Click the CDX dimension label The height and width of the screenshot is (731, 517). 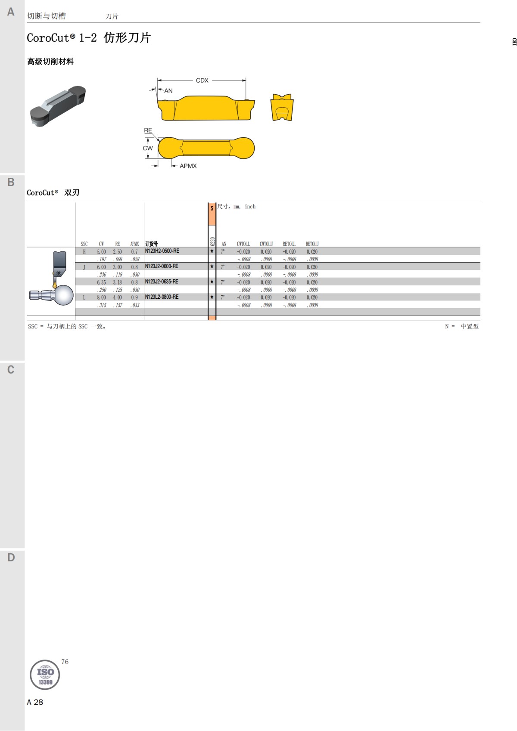[x=202, y=81]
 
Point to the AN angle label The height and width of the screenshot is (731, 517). [x=168, y=91]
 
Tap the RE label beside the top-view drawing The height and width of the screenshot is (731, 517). [x=148, y=130]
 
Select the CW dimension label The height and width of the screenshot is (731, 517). [x=147, y=148]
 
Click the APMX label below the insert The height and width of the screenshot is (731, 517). [x=188, y=166]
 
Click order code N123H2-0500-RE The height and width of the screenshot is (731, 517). [x=162, y=251]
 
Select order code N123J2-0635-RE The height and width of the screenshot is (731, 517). [x=162, y=282]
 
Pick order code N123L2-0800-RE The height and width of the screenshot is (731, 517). [x=162, y=297]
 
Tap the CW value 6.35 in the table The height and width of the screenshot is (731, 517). [x=101, y=282]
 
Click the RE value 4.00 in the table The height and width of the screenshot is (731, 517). [x=117, y=297]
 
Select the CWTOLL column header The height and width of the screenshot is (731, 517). [x=243, y=244]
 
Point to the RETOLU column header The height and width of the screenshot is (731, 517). [x=312, y=244]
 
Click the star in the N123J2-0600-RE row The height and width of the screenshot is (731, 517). [x=212, y=266]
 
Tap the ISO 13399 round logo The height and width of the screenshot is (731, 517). [x=45, y=675]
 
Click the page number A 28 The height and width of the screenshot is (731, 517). [x=35, y=702]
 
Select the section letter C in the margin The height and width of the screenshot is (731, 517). [x=11, y=370]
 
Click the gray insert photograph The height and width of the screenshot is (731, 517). [x=58, y=105]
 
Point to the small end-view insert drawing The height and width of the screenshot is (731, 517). [x=282, y=108]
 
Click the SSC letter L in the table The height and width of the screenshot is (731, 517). [x=84, y=297]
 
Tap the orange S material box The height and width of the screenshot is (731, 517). [x=212, y=214]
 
